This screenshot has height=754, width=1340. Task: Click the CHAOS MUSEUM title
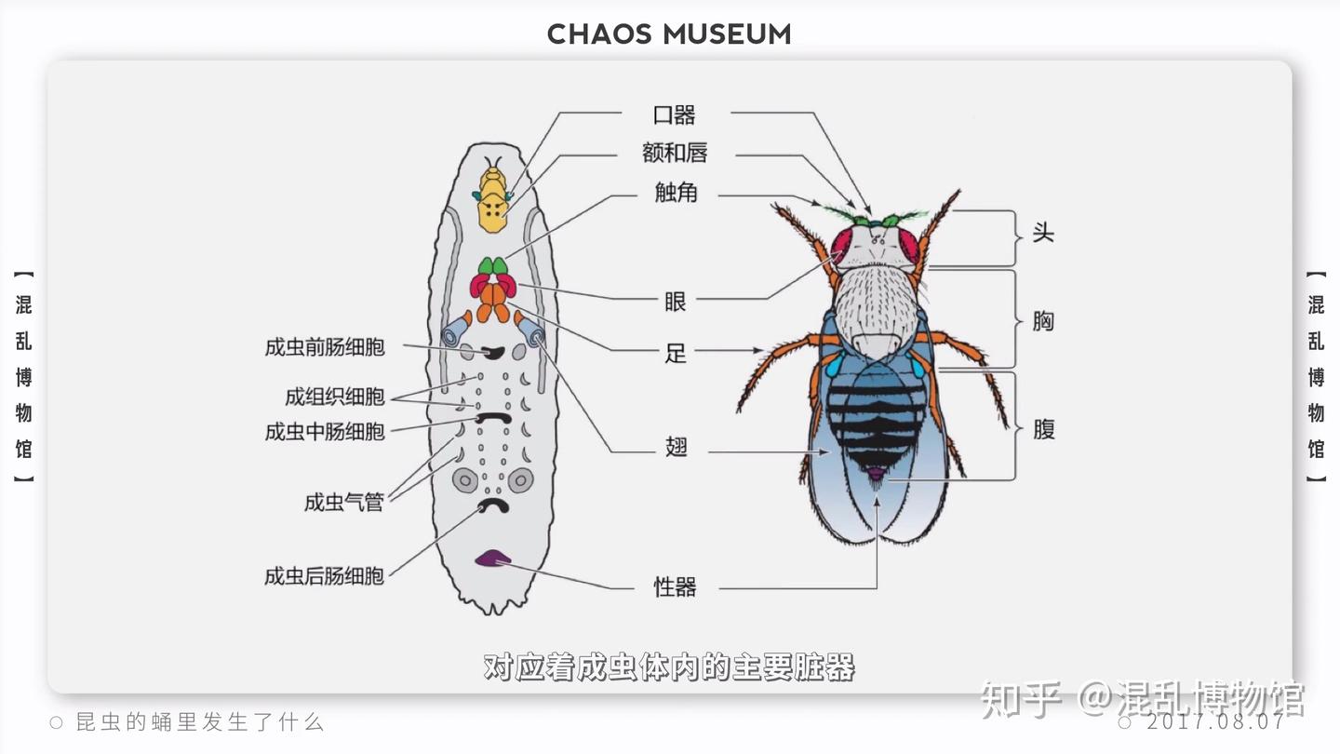pos(669,34)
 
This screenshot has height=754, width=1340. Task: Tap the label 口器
pos(675,115)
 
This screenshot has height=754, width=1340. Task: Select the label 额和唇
pos(675,153)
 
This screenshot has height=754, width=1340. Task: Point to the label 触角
pos(676,194)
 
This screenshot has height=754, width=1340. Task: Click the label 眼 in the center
pos(676,302)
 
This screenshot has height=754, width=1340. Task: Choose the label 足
pos(676,354)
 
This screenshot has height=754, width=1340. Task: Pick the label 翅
pos(676,448)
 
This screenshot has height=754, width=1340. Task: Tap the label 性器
pos(675,587)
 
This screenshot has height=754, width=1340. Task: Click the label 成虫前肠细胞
pos(325,348)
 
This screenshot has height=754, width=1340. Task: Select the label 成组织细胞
pos(335,397)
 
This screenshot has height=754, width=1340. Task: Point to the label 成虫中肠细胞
pos(325,432)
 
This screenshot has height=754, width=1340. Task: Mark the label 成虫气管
pos(344,503)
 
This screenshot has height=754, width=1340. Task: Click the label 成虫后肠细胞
pos(325,576)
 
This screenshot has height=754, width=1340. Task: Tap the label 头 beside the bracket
pos(1043,233)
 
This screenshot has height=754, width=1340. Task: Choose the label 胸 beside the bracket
pos(1043,321)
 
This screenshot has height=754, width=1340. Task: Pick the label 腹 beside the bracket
pos(1043,429)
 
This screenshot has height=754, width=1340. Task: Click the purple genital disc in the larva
pos(492,559)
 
